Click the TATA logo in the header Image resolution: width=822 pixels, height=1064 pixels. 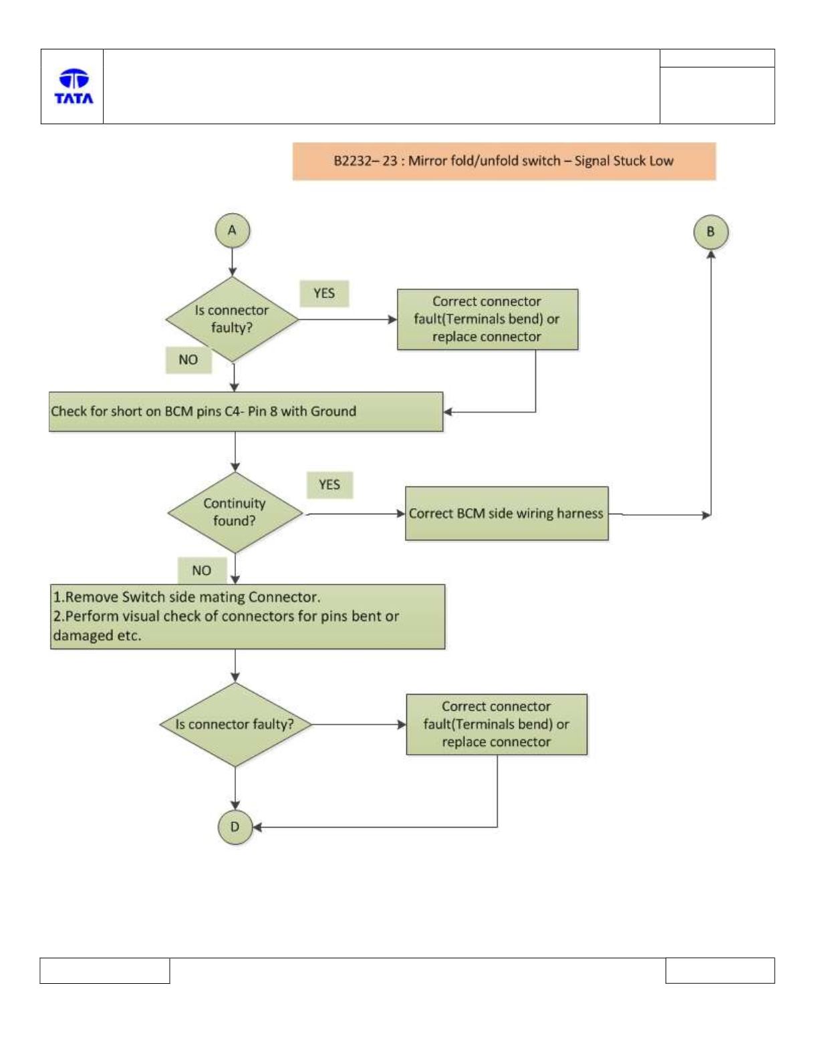pos(74,86)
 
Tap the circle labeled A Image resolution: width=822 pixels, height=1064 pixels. pos(232,230)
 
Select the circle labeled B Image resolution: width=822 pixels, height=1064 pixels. pos(711,232)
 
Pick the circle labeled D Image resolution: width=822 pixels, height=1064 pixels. pos(235,827)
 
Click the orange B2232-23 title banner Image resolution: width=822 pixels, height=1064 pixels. pos(504,161)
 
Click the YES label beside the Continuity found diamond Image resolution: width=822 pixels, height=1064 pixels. pos(329,485)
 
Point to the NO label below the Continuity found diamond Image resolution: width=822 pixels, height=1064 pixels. pos(202,570)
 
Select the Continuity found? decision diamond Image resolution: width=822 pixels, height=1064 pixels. pos(235,512)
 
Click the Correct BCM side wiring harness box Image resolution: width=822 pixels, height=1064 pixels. pos(507,513)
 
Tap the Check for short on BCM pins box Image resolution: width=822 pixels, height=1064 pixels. pos(246,411)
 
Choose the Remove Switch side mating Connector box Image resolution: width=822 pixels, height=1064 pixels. pos(248,616)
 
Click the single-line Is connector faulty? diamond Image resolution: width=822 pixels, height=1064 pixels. pos(235,724)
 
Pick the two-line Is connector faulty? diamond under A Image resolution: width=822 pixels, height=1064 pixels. pos(232,319)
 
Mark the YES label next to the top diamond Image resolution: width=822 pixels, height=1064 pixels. pos(324,293)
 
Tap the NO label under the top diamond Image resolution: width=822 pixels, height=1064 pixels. pos(188,360)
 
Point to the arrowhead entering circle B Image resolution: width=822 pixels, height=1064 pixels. pos(711,254)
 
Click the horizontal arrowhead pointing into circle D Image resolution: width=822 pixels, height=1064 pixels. pos(257,827)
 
